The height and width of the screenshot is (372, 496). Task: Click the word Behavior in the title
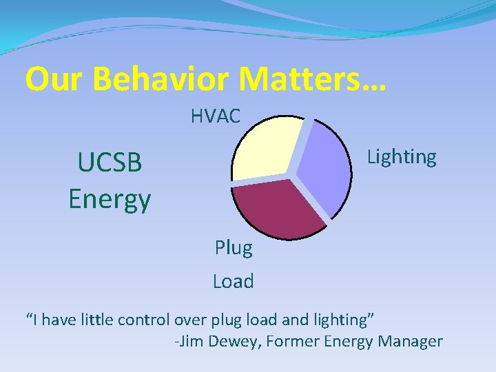coord(161,79)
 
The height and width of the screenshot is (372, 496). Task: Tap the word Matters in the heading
coord(303,79)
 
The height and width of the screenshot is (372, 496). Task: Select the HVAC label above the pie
coord(216,116)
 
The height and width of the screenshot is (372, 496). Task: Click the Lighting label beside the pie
coord(402,157)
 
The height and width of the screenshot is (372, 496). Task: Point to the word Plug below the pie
coord(234,247)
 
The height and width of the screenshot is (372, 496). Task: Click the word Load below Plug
coord(234,281)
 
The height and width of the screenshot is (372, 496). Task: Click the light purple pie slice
coord(324,165)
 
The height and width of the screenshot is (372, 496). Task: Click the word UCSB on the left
coord(110,163)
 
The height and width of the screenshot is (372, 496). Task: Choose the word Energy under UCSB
coord(110,200)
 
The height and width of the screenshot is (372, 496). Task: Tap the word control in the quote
coord(144,320)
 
